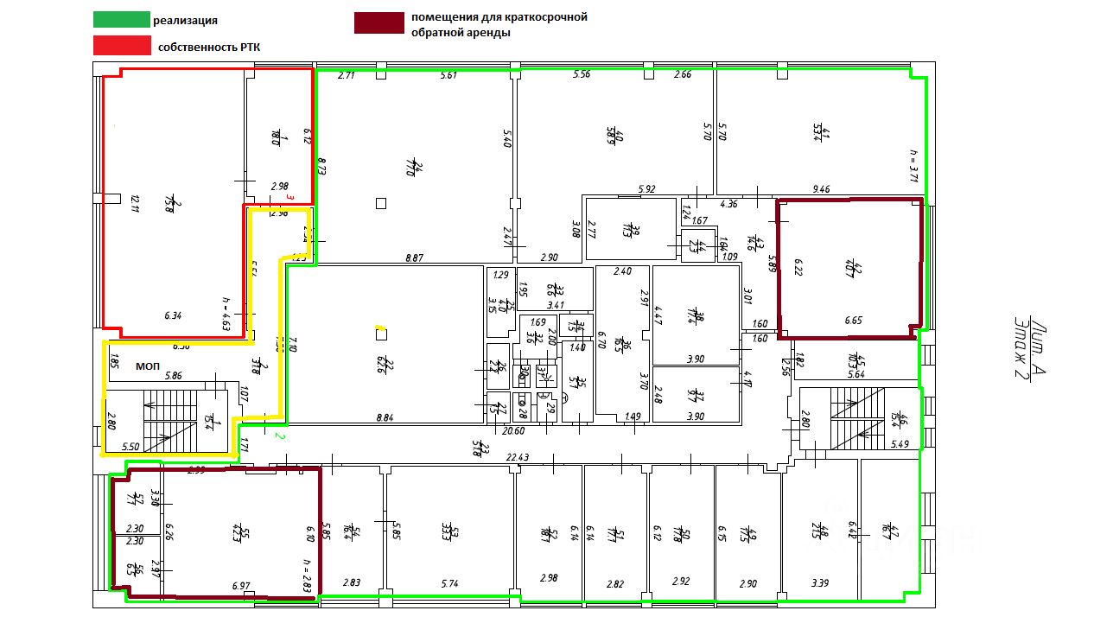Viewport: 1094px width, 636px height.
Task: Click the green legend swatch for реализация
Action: [122, 20]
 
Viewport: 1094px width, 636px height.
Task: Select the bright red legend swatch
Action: [122, 46]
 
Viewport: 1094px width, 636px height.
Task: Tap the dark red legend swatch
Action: [378, 23]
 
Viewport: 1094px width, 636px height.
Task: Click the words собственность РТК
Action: [209, 48]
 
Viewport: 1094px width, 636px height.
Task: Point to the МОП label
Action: [148, 366]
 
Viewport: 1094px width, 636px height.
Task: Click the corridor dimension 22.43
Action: [518, 457]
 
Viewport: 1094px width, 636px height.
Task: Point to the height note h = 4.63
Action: [226, 314]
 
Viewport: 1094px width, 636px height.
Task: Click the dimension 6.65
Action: [854, 321]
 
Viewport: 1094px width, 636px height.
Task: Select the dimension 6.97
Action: [241, 586]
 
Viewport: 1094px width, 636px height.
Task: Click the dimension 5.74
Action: [448, 584]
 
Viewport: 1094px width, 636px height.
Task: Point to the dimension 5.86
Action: [174, 376]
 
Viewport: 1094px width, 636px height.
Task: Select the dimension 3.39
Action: [819, 584]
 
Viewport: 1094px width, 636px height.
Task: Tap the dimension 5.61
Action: [448, 76]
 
